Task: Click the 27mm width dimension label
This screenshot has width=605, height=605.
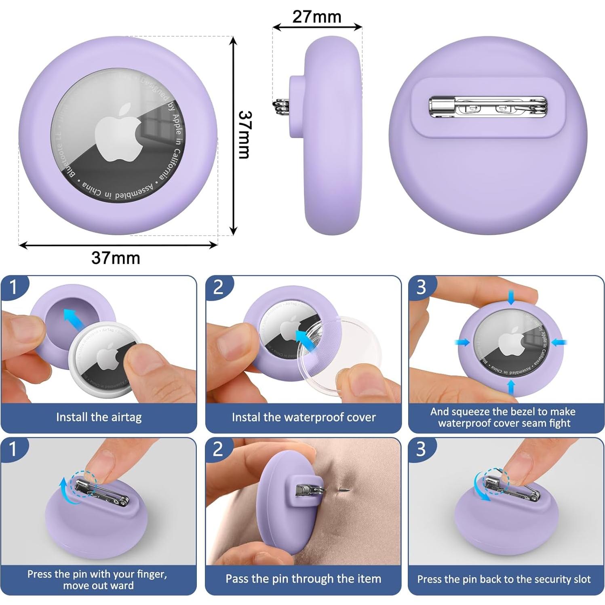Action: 316,17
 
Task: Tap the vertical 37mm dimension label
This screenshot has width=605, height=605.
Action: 245,135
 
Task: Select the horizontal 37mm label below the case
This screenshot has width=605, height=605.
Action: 116,258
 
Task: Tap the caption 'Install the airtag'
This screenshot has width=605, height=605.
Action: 99,417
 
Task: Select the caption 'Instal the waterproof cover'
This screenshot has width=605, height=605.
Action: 304,417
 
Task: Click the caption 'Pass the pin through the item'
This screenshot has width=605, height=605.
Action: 303,579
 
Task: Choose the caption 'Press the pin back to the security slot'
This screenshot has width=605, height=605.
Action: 504,579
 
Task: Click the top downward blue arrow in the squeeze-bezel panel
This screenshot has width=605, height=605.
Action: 511,297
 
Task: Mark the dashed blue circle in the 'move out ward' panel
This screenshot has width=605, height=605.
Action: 84,483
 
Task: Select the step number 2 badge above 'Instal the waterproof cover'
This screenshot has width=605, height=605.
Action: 218,287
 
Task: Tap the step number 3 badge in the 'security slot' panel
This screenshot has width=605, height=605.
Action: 421,449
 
